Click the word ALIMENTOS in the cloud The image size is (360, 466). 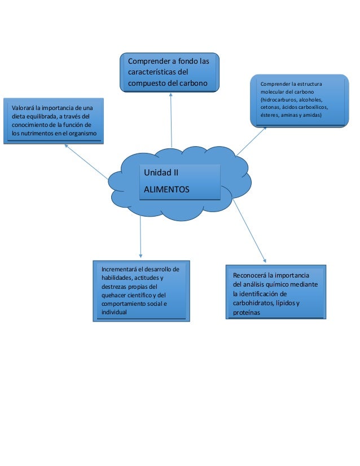pos(166,190)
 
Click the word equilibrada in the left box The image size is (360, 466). pos(39,116)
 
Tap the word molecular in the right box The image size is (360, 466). pos(274,91)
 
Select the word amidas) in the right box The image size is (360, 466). pos(309,115)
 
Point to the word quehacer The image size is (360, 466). pos(115,294)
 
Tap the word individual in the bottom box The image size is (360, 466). pos(115,312)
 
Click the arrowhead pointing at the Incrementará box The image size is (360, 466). pos(141,256)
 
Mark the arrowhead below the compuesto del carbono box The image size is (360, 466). pos(170,95)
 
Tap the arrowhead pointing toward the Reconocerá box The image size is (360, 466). pos(264,258)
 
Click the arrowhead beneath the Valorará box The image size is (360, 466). pos(66,146)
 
